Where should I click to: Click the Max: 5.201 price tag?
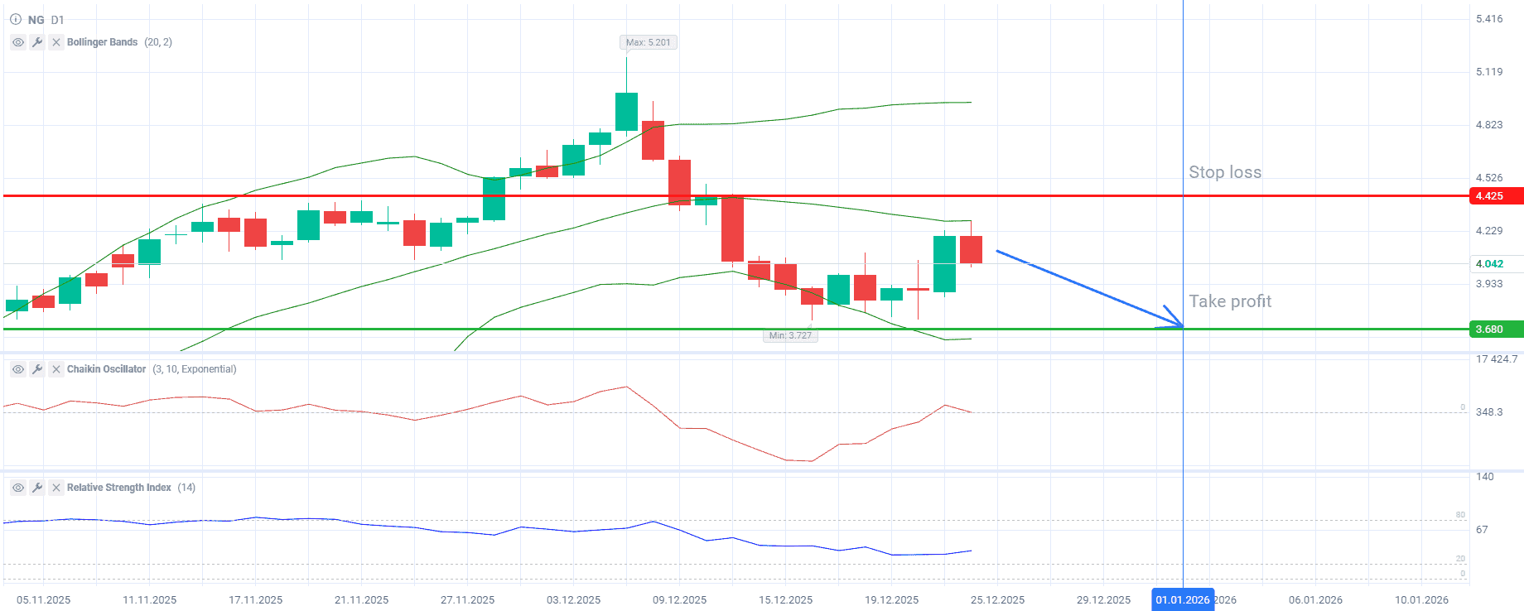click(648, 42)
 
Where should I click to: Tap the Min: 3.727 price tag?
click(790, 335)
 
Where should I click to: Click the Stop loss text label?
click(1225, 172)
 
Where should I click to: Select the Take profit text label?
click(1230, 301)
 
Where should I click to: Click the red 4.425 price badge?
click(1495, 196)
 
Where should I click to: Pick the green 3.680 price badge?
click(1495, 330)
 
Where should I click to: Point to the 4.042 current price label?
click(1495, 264)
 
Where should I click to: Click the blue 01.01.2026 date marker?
click(1182, 600)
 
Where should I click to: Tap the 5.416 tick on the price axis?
click(1489, 19)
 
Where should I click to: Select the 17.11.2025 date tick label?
click(255, 600)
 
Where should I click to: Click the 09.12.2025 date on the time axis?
click(679, 600)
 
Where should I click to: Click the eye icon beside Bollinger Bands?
click(18, 42)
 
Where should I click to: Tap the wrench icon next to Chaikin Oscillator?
click(37, 369)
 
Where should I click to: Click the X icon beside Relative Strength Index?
click(56, 488)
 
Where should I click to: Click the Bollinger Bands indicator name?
click(102, 42)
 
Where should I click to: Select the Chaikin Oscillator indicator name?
click(106, 369)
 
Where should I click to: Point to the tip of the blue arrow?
click(1182, 327)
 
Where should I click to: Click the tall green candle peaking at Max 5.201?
click(626, 111)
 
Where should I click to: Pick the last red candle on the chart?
click(971, 249)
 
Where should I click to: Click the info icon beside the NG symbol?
click(16, 19)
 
